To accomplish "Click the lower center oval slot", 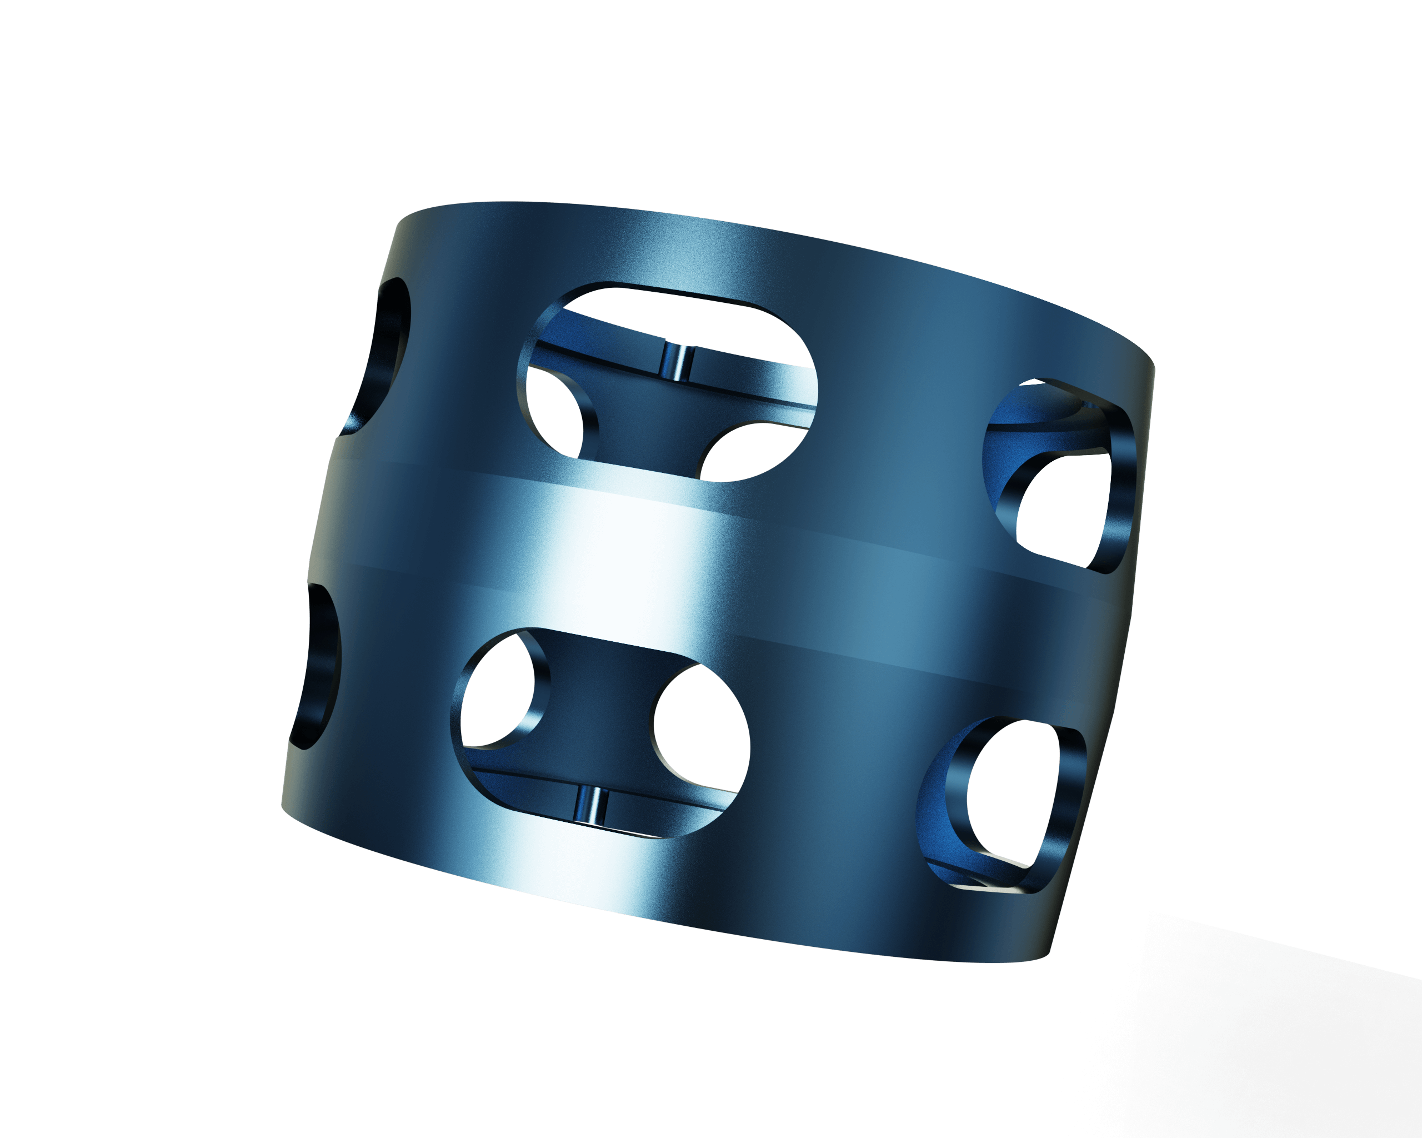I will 600,732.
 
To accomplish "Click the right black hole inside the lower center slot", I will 703,726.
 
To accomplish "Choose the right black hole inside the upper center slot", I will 752,452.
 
